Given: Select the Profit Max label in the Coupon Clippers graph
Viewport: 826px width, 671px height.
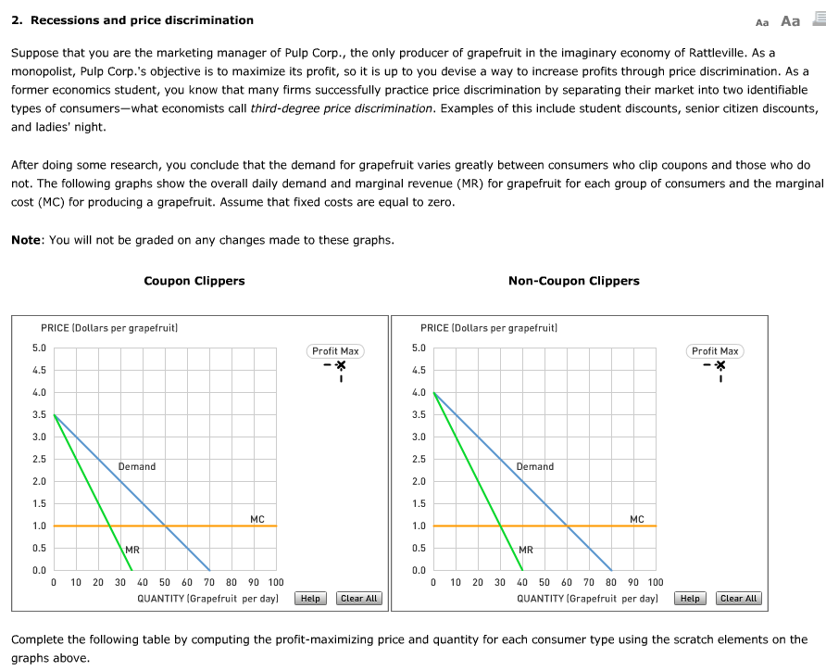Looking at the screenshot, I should (x=335, y=351).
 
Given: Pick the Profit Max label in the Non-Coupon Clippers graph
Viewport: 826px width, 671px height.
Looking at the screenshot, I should (x=715, y=351).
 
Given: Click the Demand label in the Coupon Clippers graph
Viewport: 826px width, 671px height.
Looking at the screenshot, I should (x=137, y=466).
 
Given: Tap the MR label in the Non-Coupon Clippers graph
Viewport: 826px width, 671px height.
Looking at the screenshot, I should (x=526, y=550).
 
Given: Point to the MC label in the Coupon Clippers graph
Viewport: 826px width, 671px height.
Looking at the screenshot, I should (x=257, y=519).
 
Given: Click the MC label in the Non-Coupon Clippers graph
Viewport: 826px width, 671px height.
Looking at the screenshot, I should (x=637, y=519).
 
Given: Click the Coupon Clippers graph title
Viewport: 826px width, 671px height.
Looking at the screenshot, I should (x=194, y=281).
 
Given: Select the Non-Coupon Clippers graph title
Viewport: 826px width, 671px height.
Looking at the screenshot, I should (x=573, y=281).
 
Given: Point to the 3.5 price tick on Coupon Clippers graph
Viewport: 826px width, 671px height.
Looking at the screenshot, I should (x=39, y=415).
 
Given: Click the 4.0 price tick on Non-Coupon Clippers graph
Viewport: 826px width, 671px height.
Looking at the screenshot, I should (x=419, y=393).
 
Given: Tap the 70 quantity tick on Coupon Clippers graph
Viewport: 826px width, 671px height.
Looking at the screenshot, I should (x=209, y=583).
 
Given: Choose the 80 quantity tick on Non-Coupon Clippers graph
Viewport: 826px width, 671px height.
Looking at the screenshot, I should (x=611, y=583).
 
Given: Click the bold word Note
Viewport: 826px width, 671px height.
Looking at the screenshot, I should (x=26, y=240).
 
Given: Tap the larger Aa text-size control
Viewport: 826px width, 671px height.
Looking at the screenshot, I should (x=790, y=20).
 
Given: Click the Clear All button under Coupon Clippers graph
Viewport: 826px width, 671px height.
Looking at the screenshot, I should (x=358, y=599).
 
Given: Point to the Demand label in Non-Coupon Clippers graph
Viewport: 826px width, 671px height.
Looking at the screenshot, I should (x=535, y=466).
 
